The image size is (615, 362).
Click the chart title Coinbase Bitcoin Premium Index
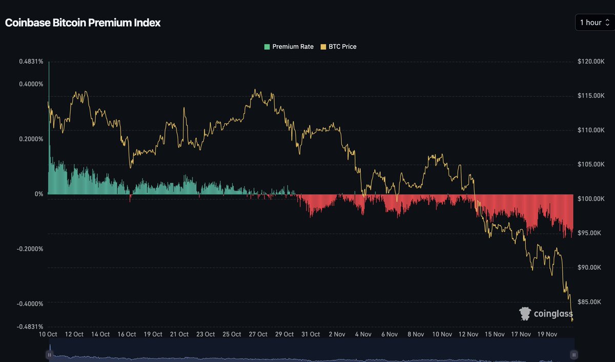click(x=83, y=23)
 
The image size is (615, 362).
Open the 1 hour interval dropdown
click(x=594, y=23)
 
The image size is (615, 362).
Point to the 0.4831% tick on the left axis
click(x=31, y=61)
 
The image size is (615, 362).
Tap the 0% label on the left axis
click(x=38, y=194)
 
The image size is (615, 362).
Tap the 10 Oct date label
click(x=48, y=334)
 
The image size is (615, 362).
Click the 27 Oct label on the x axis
click(x=258, y=334)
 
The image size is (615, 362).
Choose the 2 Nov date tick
click(x=337, y=334)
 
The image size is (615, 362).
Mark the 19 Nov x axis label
click(x=547, y=334)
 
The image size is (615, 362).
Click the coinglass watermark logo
click(x=546, y=313)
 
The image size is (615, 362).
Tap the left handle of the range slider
click(x=50, y=354)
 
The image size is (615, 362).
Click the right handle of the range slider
click(x=574, y=354)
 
